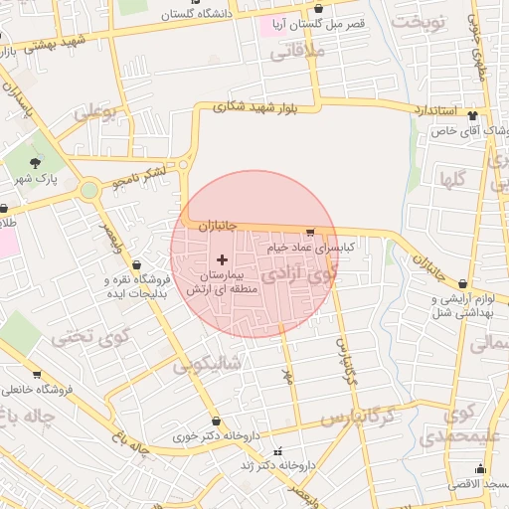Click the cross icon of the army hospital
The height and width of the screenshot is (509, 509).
tap(221, 258)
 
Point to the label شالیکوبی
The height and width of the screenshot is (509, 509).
tap(207, 364)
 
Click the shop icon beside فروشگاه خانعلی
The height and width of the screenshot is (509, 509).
tap(37, 375)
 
